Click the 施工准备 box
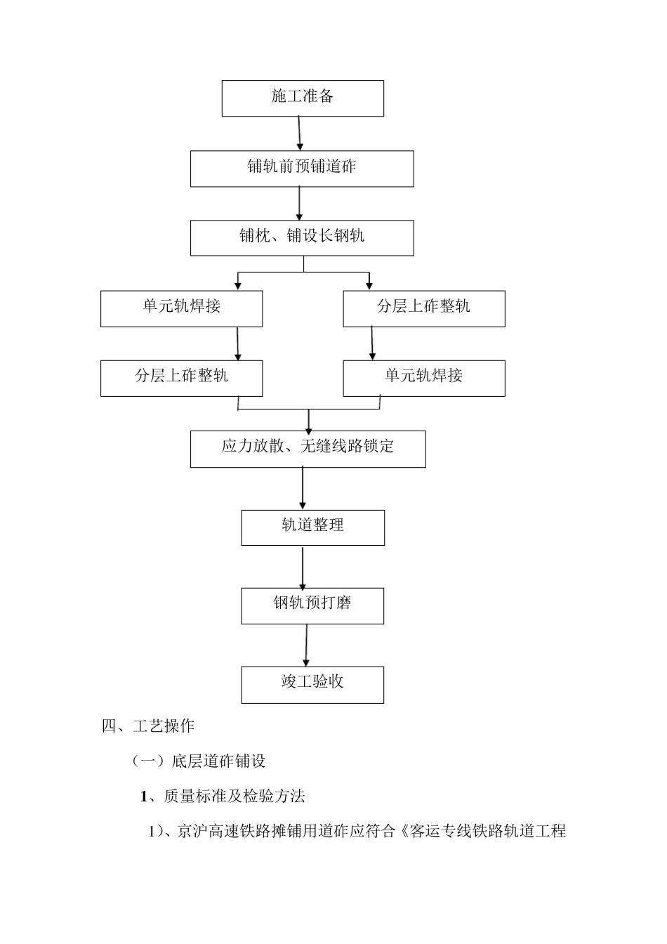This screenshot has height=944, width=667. (303, 98)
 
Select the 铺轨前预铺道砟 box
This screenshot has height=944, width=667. (302, 168)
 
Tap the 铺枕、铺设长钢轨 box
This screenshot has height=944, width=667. (302, 237)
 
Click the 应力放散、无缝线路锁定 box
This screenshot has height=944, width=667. (308, 448)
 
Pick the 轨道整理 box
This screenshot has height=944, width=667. (312, 527)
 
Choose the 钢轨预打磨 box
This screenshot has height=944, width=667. (312, 605)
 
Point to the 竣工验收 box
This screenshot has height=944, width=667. (312, 684)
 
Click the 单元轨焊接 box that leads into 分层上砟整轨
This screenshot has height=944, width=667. (181, 308)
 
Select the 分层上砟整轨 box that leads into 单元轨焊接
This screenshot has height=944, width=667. (423, 308)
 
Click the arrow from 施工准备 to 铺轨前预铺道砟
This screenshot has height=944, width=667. (300, 133)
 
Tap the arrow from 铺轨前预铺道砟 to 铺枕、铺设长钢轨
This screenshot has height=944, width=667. (300, 203)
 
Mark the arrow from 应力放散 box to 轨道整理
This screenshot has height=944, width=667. (303, 487)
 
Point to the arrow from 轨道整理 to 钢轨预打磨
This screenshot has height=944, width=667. (303, 568)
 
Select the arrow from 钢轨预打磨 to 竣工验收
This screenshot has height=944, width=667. (306, 644)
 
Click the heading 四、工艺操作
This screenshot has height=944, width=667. (148, 726)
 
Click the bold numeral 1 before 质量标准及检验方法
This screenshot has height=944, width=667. (144, 796)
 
